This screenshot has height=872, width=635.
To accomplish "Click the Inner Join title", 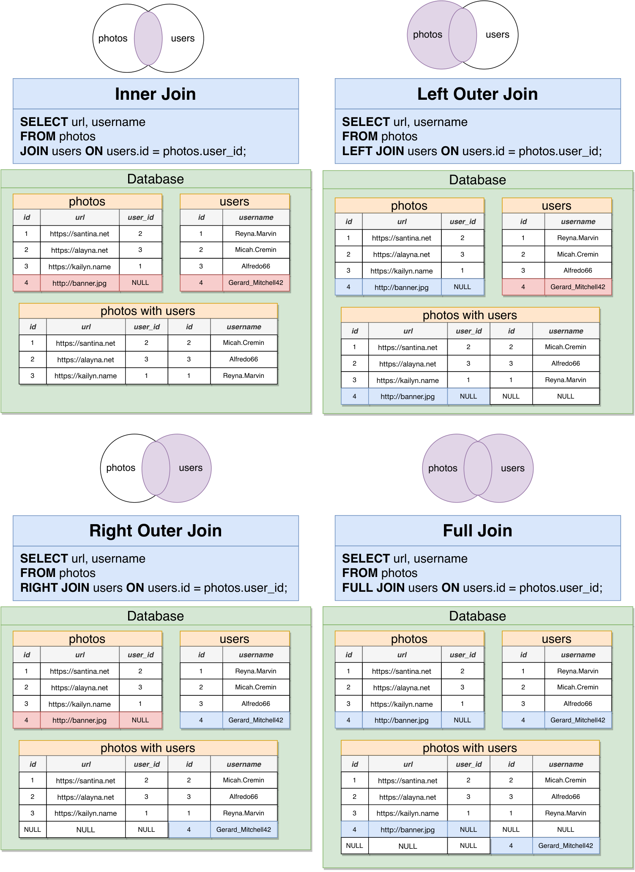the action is pos(156,94).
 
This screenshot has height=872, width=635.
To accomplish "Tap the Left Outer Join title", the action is pos(477,94).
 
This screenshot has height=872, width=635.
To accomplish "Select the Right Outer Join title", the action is pos(156,530).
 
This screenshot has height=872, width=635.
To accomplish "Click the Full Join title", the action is pos(477,530).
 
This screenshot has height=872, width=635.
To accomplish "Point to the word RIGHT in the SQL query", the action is pos(40,588).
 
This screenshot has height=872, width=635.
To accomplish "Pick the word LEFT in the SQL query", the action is pos(357,151).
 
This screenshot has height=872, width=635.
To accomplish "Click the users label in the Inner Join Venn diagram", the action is pos(183,38).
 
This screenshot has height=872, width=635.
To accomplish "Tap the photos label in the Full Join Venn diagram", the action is pos(443,468).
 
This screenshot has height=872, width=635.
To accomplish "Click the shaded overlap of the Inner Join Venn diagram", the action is pos(148,38).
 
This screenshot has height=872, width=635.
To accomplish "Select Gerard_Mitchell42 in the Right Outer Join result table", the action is pos(244,829).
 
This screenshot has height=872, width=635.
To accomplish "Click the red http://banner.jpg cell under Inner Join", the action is pos(79,283).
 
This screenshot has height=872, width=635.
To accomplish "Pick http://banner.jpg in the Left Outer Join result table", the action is pos(408,396).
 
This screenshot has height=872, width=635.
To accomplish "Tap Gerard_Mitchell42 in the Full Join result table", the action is pos(566,845).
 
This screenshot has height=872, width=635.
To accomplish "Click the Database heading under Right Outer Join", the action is pos(156,616).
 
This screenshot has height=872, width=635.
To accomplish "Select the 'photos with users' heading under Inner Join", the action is pos(148,311).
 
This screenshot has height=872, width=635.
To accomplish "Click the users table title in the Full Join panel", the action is pos(556,639).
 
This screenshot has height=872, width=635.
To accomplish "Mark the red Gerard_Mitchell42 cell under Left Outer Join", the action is pos(578,287).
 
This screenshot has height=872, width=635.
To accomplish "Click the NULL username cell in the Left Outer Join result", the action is pos(566,396).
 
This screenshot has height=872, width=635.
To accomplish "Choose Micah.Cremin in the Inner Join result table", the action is pos(244,343).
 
